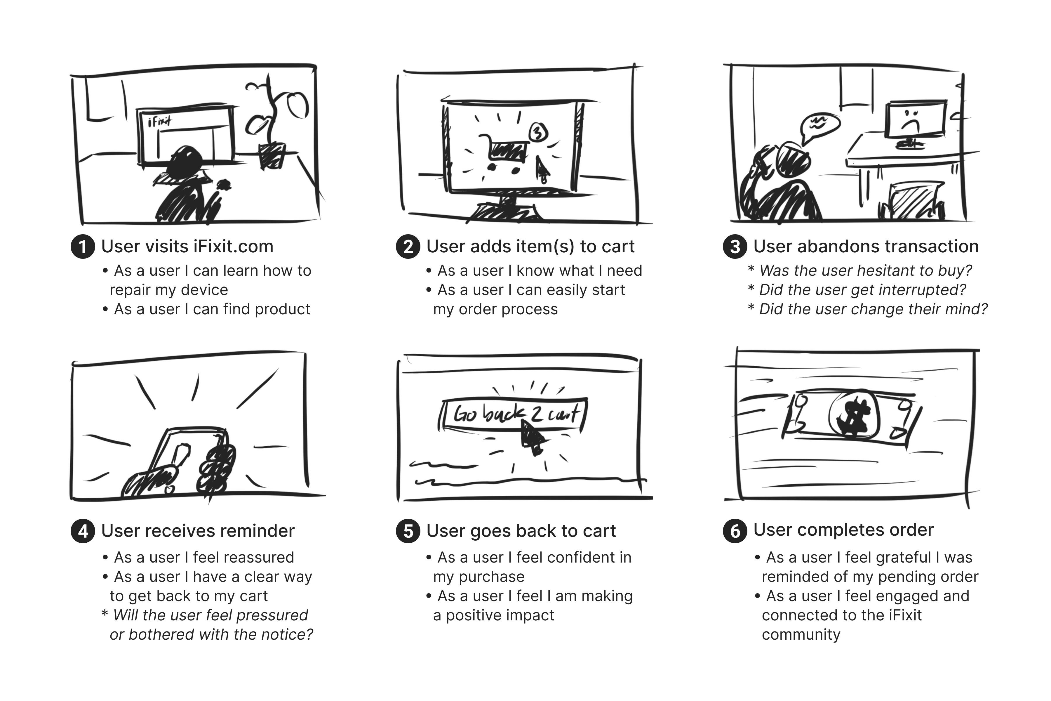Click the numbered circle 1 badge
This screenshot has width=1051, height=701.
tap(83, 247)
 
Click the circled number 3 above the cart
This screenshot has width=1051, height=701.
tap(538, 132)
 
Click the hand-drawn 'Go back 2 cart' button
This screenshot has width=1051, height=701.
tap(513, 414)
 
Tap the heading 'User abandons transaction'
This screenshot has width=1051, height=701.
tap(866, 246)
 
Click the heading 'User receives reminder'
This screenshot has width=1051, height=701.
tap(198, 531)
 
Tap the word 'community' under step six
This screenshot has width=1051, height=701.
tap(801, 634)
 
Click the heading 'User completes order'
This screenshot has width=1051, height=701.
tap(843, 530)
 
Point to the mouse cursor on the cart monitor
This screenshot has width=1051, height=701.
tap(542, 168)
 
